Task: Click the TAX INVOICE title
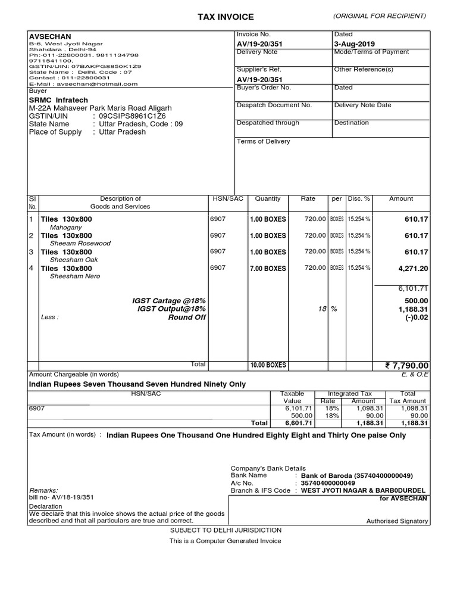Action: click(x=226, y=17)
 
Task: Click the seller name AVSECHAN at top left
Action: click(x=50, y=36)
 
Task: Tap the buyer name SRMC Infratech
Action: click(x=60, y=99)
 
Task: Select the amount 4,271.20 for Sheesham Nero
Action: click(x=413, y=269)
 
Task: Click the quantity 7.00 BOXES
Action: click(x=268, y=269)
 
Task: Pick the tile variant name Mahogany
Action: click(x=66, y=227)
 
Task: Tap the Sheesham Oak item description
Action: click(x=74, y=260)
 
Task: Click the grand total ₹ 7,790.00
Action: click(x=407, y=365)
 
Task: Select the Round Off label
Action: click(x=187, y=318)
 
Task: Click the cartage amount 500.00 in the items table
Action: click(x=417, y=301)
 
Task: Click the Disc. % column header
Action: click(x=359, y=199)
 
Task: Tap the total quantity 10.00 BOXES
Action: click(x=268, y=365)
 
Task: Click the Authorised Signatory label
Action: click(x=397, y=521)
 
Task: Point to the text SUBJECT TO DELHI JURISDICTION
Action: click(x=226, y=530)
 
